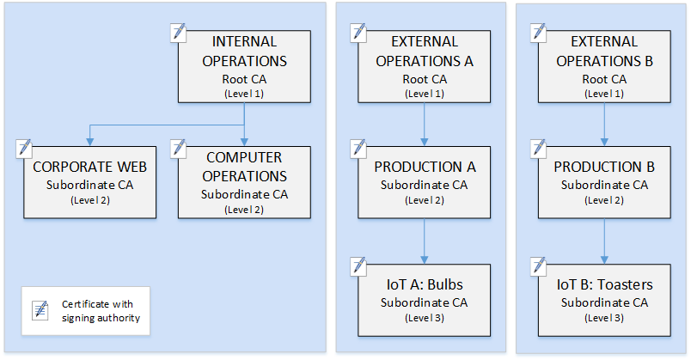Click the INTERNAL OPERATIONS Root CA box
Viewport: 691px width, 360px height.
tap(244, 67)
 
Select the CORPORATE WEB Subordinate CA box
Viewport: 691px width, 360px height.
tap(90, 181)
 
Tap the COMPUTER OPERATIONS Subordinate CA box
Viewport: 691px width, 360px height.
tap(244, 181)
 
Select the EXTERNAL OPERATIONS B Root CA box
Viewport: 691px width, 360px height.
tap(603, 67)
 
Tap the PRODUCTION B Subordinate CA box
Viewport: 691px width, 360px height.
tap(603, 181)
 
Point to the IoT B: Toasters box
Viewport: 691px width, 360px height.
tap(603, 300)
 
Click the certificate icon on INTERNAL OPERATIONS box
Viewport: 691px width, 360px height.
tap(179, 33)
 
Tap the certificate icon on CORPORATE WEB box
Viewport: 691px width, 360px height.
tap(25, 147)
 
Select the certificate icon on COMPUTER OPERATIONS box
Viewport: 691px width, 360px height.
tap(179, 147)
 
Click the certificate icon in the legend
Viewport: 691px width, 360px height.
tap(40, 311)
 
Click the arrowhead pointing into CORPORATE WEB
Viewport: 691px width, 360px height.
tap(90, 139)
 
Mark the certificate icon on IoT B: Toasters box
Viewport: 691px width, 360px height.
tap(539, 265)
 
